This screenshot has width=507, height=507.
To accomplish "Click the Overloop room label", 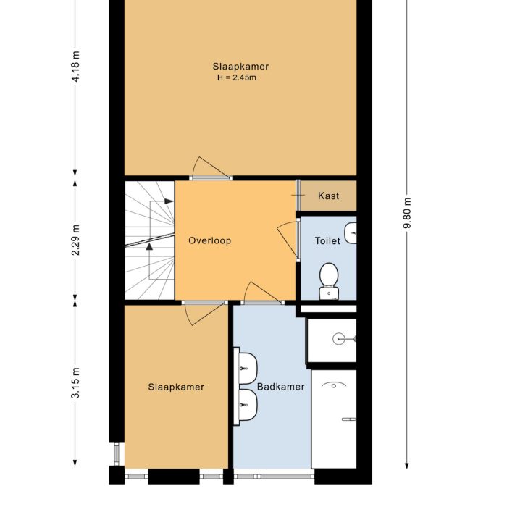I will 209,240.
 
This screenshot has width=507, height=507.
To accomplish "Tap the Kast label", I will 328,196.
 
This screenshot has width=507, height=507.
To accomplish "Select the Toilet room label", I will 327,240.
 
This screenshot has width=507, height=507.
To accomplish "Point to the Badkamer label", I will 280,387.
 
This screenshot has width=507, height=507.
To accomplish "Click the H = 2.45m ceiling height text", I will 235,77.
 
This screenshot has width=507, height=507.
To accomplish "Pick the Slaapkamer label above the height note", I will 235,67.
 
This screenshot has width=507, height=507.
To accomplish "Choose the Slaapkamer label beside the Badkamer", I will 176,387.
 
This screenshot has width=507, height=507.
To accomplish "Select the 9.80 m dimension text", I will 407,214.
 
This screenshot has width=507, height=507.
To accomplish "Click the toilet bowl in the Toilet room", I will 330,280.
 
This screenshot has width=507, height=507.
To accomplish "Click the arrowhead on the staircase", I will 149,246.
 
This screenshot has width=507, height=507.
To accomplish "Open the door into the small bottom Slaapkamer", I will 203,313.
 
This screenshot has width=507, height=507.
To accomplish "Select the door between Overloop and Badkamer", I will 264,293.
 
